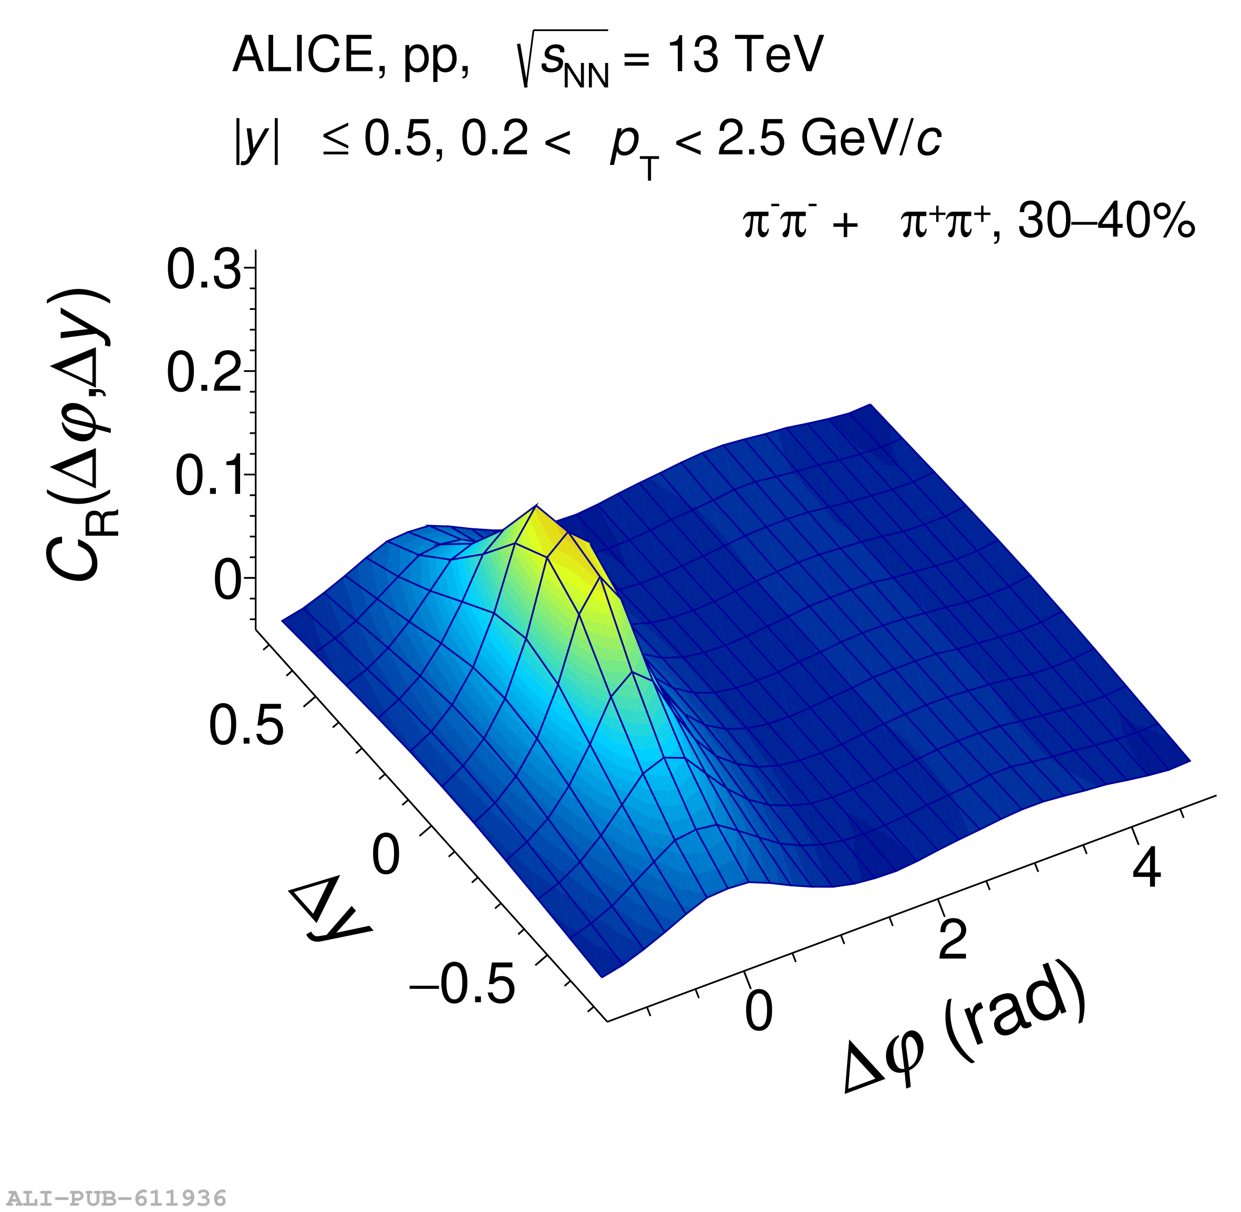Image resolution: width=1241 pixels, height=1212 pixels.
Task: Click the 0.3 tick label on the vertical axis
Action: tap(204, 270)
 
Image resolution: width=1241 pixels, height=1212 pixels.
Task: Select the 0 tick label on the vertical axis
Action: tap(227, 581)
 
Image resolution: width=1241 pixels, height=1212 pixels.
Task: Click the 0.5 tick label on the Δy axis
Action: tap(246, 726)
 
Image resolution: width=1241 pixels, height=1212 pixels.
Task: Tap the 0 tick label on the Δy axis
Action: tap(386, 855)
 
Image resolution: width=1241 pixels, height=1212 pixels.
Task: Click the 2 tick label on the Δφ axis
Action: tap(953, 939)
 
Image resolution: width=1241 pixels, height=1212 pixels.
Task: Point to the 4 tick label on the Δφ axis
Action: tap(1147, 868)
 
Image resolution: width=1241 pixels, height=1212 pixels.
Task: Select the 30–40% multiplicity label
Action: tap(1106, 222)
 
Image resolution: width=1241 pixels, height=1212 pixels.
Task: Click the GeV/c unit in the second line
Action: tap(871, 139)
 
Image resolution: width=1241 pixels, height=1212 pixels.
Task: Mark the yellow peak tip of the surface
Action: tap(537, 507)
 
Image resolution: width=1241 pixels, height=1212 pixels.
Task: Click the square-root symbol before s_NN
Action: tap(526, 59)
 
